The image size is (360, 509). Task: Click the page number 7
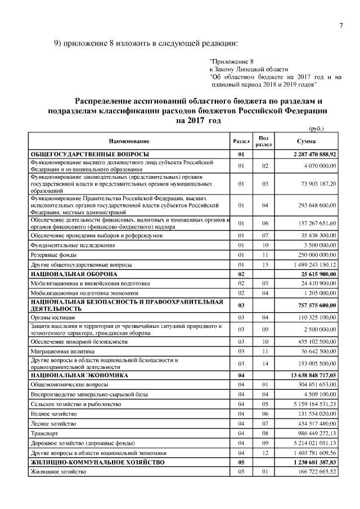coord(340,24)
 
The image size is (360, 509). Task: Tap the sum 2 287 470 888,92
coord(314,154)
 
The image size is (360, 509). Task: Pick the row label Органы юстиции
coord(52,318)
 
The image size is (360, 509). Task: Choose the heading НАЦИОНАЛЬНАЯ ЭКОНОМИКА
coord(79,375)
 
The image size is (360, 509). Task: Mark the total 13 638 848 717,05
coord(313,375)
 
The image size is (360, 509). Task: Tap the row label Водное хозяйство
coord(55,413)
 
